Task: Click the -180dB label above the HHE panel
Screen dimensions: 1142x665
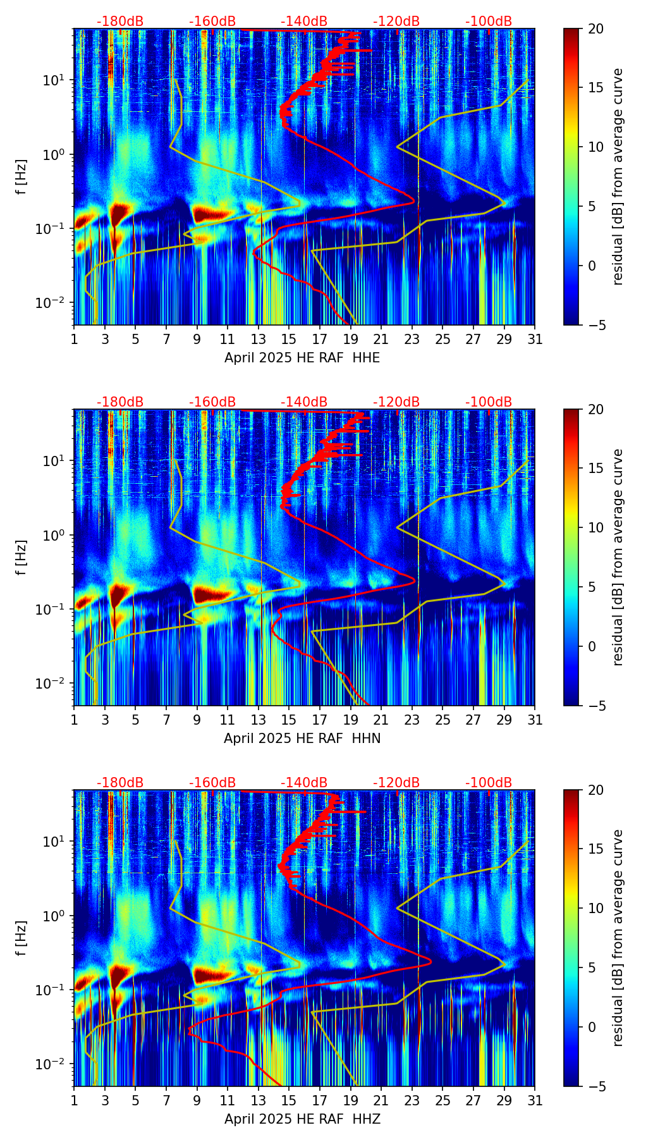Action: point(120,21)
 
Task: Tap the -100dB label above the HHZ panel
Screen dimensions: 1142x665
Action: point(489,783)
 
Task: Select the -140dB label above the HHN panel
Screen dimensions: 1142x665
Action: point(304,402)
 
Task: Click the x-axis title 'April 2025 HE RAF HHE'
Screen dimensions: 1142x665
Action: point(302,358)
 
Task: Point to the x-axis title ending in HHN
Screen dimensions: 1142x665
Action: point(302,739)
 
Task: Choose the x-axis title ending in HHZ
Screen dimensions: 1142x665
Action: point(302,1119)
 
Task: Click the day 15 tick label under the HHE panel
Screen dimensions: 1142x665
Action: point(289,340)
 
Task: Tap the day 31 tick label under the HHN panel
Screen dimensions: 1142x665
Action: point(535,720)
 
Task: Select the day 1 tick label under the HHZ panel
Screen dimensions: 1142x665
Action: point(74,1101)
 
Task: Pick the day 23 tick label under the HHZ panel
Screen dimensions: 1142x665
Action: point(412,1101)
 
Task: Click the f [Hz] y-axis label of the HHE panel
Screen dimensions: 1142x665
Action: point(21,177)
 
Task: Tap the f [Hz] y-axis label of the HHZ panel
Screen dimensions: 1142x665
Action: point(21,938)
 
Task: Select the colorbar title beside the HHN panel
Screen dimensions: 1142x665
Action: point(618,557)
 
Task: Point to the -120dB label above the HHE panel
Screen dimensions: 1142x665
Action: point(396,21)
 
